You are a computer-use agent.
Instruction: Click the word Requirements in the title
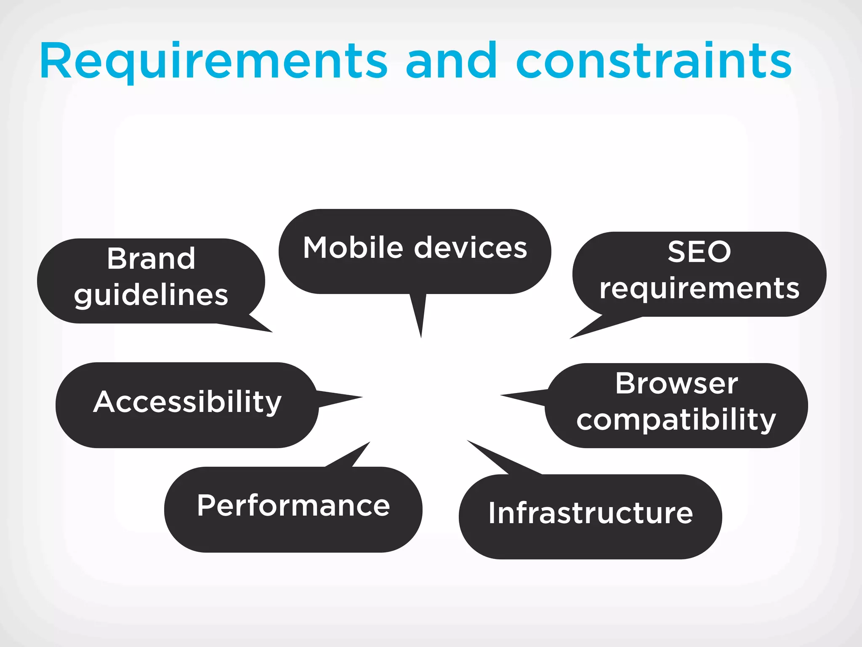tap(213, 61)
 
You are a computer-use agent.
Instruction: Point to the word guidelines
tap(151, 295)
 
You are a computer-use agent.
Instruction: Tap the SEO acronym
tap(699, 252)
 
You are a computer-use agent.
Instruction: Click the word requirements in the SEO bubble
tap(699, 289)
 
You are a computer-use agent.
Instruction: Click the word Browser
tap(676, 383)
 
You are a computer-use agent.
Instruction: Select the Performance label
tap(293, 505)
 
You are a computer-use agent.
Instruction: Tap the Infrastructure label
tap(590, 513)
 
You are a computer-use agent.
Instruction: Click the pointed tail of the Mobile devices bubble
tap(419, 320)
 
